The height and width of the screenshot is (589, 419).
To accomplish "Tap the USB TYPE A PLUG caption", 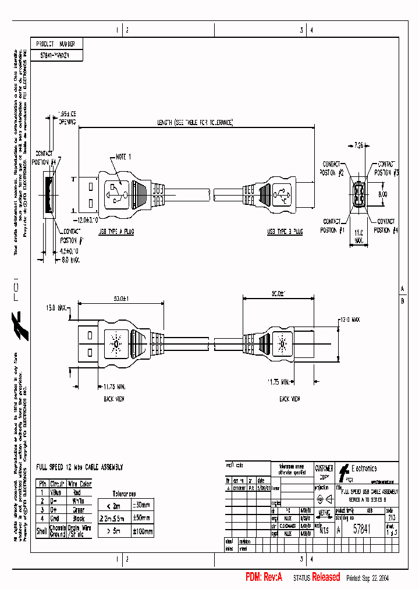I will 117,231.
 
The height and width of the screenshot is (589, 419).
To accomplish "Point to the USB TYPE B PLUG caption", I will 285,231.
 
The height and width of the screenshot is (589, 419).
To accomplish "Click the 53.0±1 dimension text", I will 121,299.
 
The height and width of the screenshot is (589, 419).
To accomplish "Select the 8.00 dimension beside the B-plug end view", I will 382,194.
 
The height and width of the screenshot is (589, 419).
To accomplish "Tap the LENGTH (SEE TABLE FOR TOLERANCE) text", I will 196,123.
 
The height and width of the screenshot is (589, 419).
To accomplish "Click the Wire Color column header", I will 80,484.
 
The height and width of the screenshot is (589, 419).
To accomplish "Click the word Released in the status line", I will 326,577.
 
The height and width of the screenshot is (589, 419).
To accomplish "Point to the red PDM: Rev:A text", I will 264,577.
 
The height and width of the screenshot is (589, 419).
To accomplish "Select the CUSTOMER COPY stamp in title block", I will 324,471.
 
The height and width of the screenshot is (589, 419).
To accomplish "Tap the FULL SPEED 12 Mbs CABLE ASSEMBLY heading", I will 80,467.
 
